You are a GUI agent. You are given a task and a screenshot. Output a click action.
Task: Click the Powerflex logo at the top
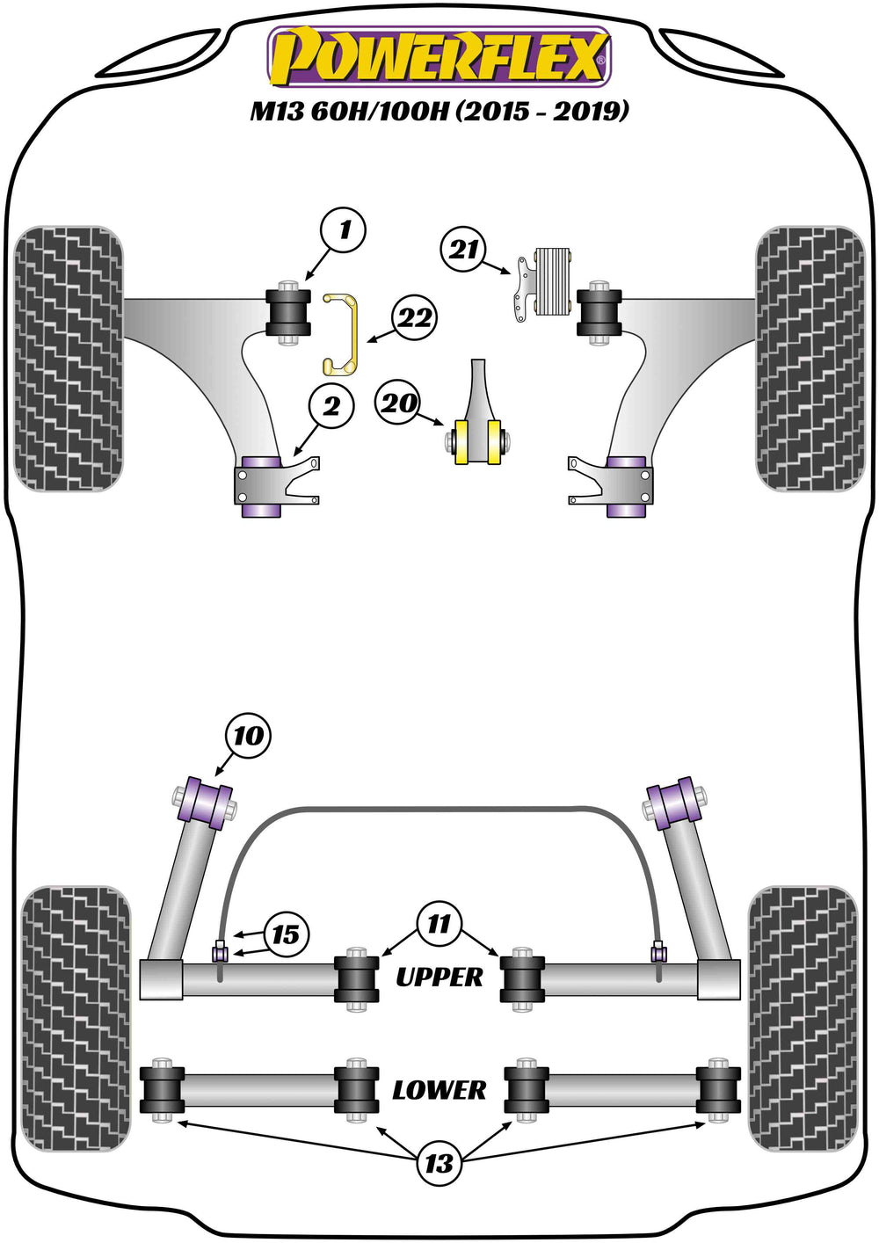pos(439,57)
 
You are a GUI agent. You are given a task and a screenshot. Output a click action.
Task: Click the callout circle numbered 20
pos(398,403)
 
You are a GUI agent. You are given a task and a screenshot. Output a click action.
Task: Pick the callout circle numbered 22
pos(415,318)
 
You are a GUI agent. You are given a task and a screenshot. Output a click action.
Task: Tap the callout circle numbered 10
pos(248,737)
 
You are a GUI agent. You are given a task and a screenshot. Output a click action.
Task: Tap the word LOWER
pos(439,1090)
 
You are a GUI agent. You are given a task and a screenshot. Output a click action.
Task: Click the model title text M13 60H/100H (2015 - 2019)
pos(439,113)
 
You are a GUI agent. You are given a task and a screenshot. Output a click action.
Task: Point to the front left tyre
pos(69,359)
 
